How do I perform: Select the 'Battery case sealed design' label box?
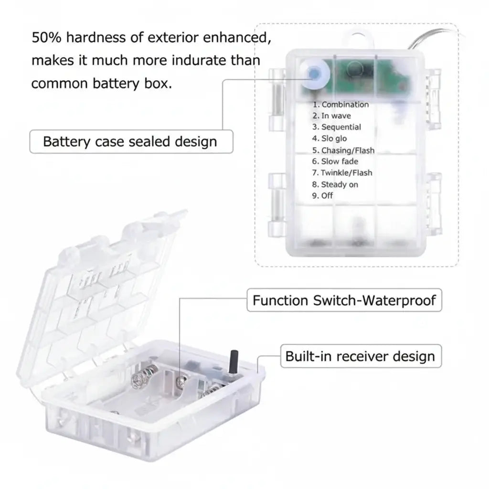pyautogui.click(x=130, y=142)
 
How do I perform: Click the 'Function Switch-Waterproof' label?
pyautogui.click(x=344, y=300)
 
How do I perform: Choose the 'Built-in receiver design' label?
pyautogui.click(x=360, y=356)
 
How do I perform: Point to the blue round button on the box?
pyautogui.click(x=314, y=74)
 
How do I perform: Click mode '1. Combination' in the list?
pyautogui.click(x=340, y=105)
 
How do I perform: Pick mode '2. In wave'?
pyautogui.click(x=331, y=116)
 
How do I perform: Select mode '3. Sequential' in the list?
pyautogui.click(x=336, y=128)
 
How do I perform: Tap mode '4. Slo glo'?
pyautogui.click(x=330, y=139)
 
